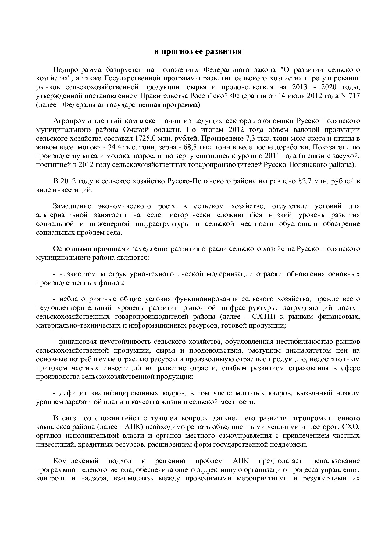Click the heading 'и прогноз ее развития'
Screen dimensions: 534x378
tap(198, 51)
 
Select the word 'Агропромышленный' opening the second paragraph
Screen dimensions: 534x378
tap(83, 121)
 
